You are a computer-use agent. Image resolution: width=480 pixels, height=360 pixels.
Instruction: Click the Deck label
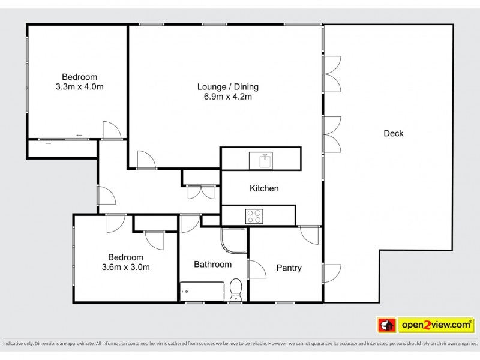pyautogui.click(x=394, y=133)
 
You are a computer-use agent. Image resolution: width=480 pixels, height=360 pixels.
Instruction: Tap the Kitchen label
pyautogui.click(x=264, y=188)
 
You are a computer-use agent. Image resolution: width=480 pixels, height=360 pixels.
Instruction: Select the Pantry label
pyautogui.click(x=289, y=268)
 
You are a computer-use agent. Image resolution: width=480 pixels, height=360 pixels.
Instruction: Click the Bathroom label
pyautogui.click(x=213, y=264)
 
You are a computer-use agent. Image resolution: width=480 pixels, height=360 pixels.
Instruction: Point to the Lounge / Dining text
pyautogui.click(x=228, y=87)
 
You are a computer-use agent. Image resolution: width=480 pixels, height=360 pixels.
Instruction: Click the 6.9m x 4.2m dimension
pyautogui.click(x=228, y=97)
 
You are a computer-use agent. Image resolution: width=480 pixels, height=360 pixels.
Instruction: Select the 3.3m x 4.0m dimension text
pyautogui.click(x=80, y=87)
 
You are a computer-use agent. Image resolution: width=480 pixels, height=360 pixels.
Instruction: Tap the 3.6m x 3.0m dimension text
pyautogui.click(x=126, y=267)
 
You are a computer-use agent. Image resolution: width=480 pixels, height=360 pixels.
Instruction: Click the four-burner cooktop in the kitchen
pyautogui.click(x=254, y=216)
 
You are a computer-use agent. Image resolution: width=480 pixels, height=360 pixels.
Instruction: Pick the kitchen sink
pyautogui.click(x=261, y=161)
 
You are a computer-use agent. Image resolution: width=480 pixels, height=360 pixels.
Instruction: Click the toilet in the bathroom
pyautogui.click(x=236, y=290)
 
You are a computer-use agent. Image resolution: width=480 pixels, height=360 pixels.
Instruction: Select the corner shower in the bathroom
pyautogui.click(x=233, y=241)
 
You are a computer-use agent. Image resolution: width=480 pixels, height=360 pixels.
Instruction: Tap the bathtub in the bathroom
pyautogui.click(x=202, y=292)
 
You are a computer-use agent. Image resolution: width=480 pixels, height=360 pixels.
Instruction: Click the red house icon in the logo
pyautogui.click(x=386, y=325)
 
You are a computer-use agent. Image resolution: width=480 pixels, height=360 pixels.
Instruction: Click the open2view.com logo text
pyautogui.click(x=436, y=325)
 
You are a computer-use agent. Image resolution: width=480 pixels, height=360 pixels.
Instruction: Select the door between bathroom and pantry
pyautogui.click(x=256, y=269)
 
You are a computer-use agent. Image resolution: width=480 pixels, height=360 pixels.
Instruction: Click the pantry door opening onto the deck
pyautogui.click(x=331, y=274)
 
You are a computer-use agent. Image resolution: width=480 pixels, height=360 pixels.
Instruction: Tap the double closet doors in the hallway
pyautogui.click(x=201, y=192)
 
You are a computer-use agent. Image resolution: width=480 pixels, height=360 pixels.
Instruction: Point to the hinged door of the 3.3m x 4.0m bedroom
pyautogui.click(x=112, y=131)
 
